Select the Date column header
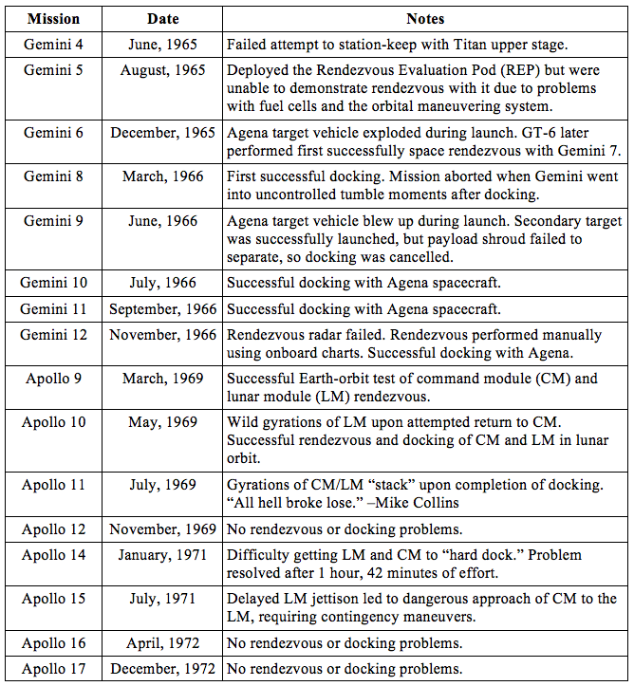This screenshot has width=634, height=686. (162, 18)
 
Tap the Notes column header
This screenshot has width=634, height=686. (424, 18)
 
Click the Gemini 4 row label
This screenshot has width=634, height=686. (53, 45)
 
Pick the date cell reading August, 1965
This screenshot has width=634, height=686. (162, 70)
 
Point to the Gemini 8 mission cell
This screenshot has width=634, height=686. (53, 176)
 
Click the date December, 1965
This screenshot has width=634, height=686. (162, 133)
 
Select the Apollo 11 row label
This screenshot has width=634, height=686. (53, 485)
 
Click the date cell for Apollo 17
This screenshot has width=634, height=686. (162, 669)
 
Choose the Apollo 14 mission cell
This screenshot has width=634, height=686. (53, 555)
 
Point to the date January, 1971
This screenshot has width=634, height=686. (162, 555)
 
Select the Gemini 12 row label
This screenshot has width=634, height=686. (53, 334)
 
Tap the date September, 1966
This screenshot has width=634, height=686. (162, 308)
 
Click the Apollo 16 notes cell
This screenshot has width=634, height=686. (344, 643)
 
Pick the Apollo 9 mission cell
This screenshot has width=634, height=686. (53, 379)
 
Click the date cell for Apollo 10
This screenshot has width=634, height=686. (162, 422)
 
